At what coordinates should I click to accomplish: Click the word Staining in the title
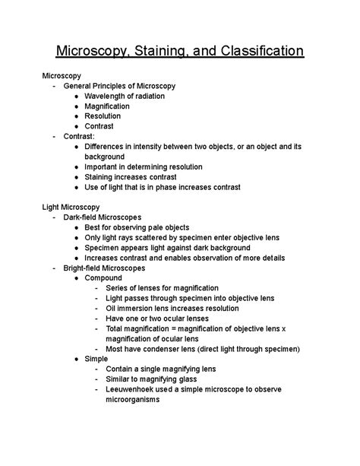click(x=171, y=52)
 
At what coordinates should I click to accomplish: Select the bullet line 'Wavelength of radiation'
click(x=125, y=97)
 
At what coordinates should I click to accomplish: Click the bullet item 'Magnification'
click(x=107, y=106)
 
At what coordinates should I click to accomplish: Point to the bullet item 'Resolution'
click(x=103, y=116)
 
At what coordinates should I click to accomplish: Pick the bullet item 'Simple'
click(x=96, y=358)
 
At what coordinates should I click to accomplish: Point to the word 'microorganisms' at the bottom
click(x=132, y=398)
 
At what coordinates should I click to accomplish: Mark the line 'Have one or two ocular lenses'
click(x=160, y=318)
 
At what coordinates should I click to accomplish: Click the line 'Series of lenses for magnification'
click(x=166, y=288)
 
